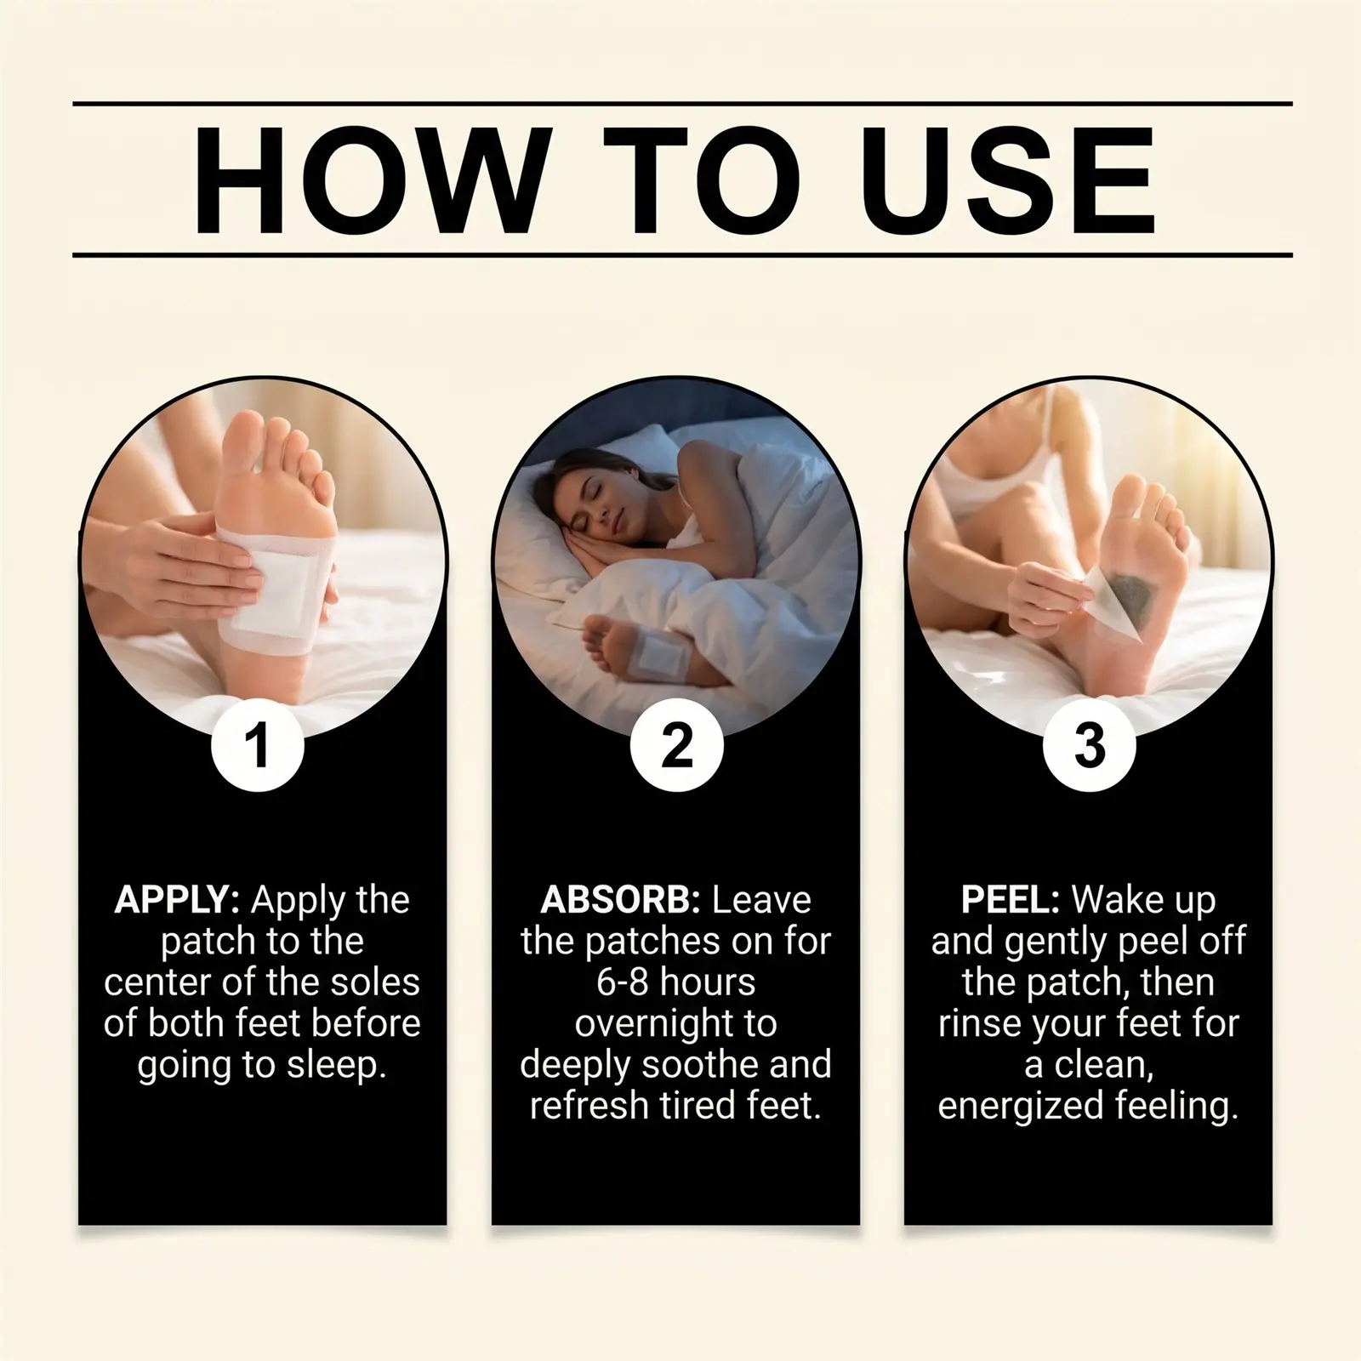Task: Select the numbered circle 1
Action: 257,746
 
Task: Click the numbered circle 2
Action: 676,746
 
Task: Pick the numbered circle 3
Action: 1089,746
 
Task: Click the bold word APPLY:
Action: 177,901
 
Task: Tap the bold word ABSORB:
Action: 620,900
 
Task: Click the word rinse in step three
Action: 980,1024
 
